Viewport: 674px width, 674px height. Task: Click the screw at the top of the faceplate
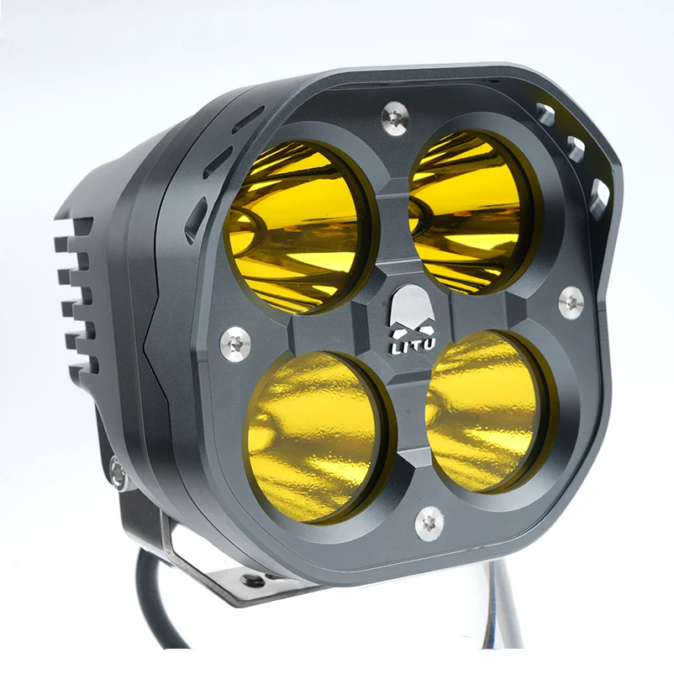click(x=394, y=118)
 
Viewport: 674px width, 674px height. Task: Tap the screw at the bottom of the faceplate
click(x=429, y=523)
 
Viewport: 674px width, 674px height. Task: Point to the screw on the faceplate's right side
click(x=571, y=301)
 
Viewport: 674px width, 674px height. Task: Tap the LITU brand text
click(x=412, y=344)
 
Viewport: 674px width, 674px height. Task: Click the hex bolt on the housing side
click(x=118, y=472)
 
